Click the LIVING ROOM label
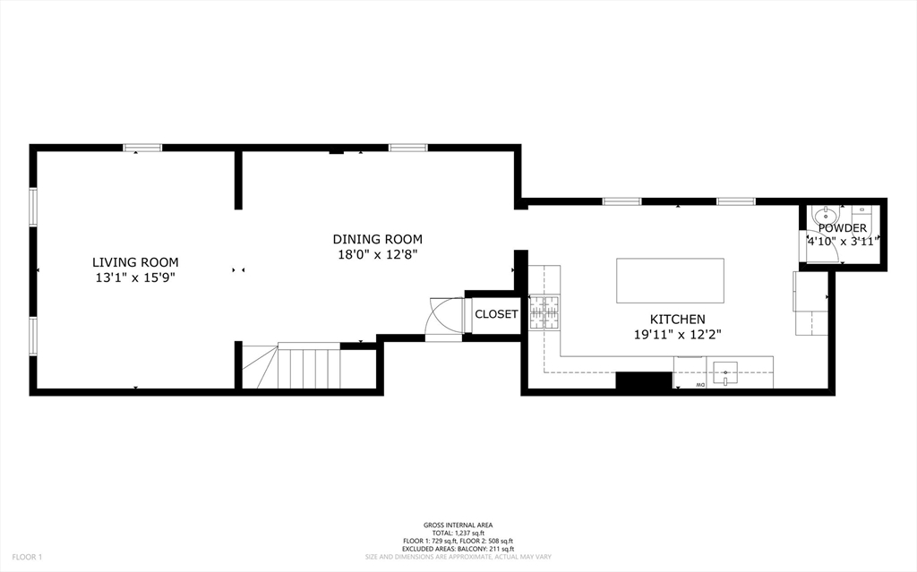click(135, 262)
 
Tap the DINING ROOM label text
click(377, 239)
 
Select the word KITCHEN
click(677, 319)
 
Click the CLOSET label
click(496, 314)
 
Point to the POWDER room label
click(842, 228)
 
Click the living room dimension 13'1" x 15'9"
click(135, 277)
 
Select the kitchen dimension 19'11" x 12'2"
click(677, 334)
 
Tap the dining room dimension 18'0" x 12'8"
click(377, 254)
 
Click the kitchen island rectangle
click(670, 281)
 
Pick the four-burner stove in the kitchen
click(544, 312)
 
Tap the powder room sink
click(823, 217)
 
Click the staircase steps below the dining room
click(309, 367)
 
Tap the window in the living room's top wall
click(142, 148)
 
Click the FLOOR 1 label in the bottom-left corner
click(27, 557)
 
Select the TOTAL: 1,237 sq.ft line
click(458, 534)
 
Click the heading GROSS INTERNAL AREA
click(458, 525)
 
